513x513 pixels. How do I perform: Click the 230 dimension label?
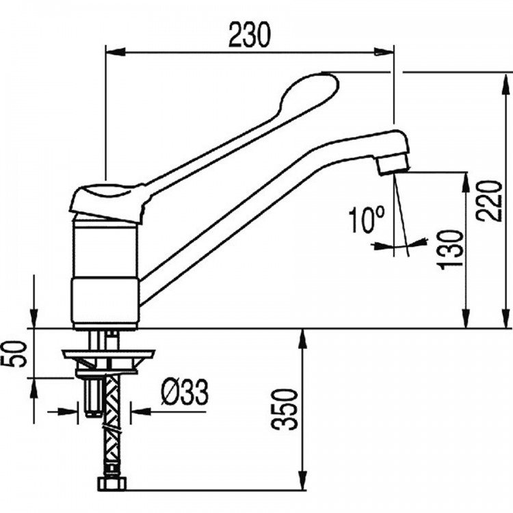[x=250, y=35]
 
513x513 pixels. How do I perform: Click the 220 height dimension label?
[x=490, y=201]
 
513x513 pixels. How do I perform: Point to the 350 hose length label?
[x=285, y=409]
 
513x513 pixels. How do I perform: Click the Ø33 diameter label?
[x=185, y=392]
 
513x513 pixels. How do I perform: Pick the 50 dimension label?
[x=14, y=354]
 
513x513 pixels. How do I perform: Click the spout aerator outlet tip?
[x=393, y=165]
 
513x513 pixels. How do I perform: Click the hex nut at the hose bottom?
[x=112, y=484]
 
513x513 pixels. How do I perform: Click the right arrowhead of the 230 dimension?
[x=384, y=52]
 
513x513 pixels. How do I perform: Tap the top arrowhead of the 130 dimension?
[x=465, y=183]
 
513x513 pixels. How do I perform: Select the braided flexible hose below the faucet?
[x=111, y=425]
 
